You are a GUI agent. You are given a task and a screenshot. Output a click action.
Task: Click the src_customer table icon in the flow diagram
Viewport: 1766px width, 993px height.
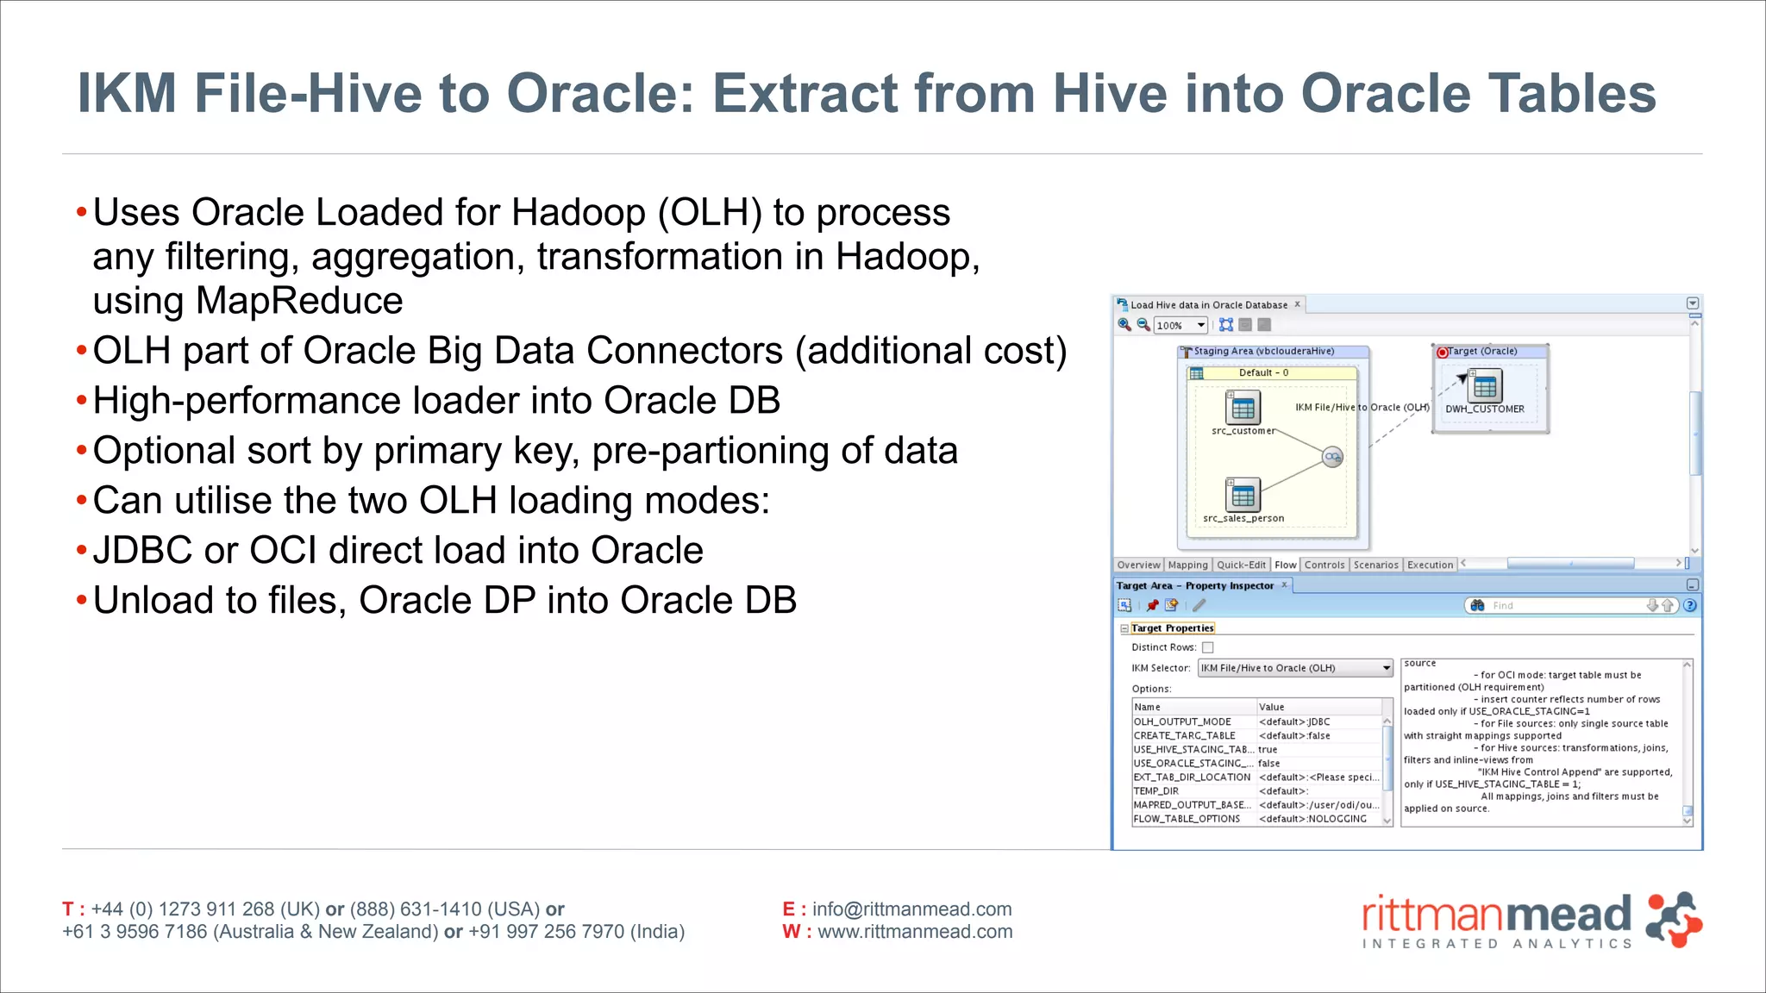(1243, 408)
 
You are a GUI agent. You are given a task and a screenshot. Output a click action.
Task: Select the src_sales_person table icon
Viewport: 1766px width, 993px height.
(1243, 496)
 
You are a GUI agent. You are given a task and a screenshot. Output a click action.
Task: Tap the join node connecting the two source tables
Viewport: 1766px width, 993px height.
(1332, 457)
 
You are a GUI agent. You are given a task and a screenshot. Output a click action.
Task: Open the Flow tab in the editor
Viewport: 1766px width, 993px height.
(1285, 565)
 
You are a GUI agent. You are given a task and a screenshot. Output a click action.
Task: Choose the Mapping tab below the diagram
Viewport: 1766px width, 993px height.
(1187, 565)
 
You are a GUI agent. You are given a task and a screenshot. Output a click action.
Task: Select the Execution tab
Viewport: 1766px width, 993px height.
(1430, 565)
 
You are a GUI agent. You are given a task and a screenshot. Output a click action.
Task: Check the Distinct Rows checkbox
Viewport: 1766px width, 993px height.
(1207, 647)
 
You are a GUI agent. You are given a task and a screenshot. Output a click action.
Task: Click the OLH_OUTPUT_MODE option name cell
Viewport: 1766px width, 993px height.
(1182, 721)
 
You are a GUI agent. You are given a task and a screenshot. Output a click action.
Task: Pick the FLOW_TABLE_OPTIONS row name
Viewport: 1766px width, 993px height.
(1187, 819)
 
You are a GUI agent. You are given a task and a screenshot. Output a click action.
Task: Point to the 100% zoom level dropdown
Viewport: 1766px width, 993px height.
(1180, 325)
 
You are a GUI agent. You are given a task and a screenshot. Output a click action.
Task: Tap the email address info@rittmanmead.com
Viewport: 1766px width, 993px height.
(911, 909)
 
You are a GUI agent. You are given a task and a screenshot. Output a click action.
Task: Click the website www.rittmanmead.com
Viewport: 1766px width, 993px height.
(915, 932)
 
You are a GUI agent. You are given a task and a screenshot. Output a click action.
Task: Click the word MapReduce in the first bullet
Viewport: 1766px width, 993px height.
(299, 301)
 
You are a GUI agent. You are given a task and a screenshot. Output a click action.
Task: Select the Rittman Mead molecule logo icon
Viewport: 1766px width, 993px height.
(1672, 920)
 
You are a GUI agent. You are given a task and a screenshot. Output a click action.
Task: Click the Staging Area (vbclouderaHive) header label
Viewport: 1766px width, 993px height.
(1263, 351)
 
